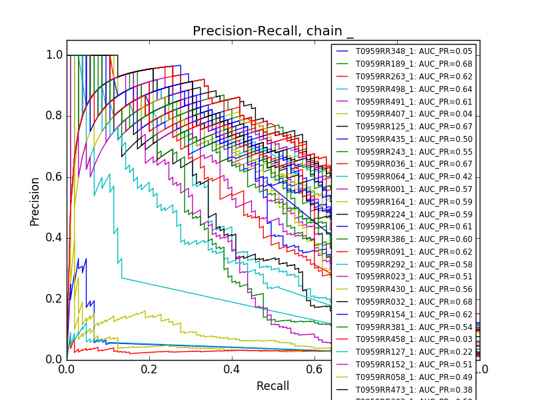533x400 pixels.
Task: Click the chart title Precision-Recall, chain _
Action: pyautogui.click(x=273, y=31)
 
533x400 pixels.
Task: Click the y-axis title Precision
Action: pyautogui.click(x=35, y=201)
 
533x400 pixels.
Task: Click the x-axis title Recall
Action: pyautogui.click(x=273, y=386)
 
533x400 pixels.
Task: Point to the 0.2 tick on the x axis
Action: pyautogui.click(x=149, y=369)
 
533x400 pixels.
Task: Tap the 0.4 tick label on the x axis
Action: pyautogui.click(x=232, y=369)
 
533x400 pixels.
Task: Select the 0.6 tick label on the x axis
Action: pyautogui.click(x=314, y=369)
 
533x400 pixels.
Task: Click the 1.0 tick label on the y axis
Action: pyautogui.click(x=55, y=55)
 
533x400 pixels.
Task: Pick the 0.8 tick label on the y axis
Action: pyautogui.click(x=55, y=116)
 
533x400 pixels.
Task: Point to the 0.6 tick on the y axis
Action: pyautogui.click(x=55, y=177)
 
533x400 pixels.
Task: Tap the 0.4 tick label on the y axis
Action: pyautogui.click(x=55, y=238)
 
